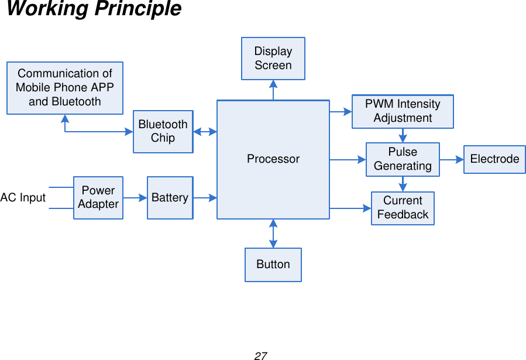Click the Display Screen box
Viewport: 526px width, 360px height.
coord(273,59)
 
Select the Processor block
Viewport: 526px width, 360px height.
coord(273,159)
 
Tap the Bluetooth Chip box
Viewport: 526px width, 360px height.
coord(163,132)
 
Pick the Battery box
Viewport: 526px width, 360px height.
coord(170,198)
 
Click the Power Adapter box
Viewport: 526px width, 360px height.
coord(98,198)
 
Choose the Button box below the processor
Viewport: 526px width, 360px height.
coord(273,265)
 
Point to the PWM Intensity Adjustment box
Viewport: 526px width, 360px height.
coord(403,111)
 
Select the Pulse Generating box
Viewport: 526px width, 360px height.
coord(403,159)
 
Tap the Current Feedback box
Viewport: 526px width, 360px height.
coord(403,208)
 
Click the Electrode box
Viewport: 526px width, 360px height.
coord(494,159)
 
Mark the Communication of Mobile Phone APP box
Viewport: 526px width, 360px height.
coord(65,88)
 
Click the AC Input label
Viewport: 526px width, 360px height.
coord(23,198)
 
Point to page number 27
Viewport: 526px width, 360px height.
coord(261,355)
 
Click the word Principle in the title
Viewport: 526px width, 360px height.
coord(140,9)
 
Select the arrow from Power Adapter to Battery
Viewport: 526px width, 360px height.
coord(135,198)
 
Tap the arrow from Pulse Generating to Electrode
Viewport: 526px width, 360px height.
coord(452,159)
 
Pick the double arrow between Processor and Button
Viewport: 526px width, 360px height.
coord(273,234)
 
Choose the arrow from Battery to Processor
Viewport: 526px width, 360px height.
coord(205,198)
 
